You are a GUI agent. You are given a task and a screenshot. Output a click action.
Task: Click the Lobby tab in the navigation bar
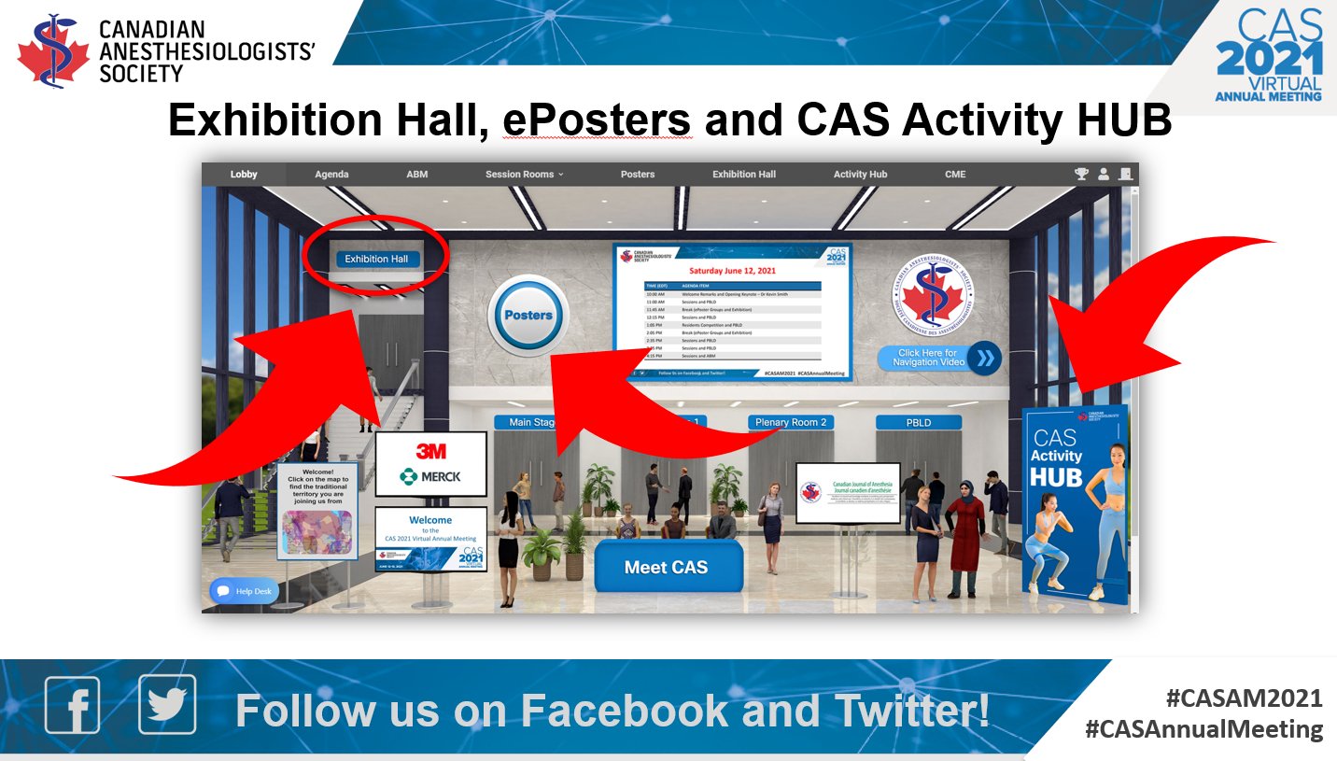click(x=244, y=175)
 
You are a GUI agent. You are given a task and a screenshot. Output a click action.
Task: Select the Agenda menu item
click(x=331, y=175)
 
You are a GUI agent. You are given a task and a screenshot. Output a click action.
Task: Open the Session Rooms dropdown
click(x=525, y=175)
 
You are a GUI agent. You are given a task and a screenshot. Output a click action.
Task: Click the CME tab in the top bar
click(x=955, y=175)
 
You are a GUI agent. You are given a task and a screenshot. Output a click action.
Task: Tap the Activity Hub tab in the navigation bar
click(x=860, y=175)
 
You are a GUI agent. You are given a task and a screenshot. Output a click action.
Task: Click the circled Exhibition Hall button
click(x=377, y=259)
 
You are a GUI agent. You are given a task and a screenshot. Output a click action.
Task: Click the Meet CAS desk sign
click(x=667, y=567)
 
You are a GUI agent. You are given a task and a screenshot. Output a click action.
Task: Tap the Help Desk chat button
click(x=245, y=591)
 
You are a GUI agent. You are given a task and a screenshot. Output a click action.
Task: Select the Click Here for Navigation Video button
click(x=937, y=358)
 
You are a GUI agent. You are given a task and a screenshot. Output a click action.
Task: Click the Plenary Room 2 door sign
click(x=791, y=422)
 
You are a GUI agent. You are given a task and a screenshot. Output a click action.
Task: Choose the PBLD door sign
click(x=919, y=422)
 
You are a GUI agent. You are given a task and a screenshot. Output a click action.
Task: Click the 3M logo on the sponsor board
click(x=430, y=451)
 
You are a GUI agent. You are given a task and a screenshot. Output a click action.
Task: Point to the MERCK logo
click(x=430, y=477)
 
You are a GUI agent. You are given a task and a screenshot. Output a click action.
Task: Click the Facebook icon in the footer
click(x=73, y=705)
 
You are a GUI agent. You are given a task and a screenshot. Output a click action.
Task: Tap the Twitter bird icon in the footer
click(x=167, y=705)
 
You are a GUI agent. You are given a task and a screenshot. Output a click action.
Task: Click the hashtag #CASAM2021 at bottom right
click(x=1244, y=698)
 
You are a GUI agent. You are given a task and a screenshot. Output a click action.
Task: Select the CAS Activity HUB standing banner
click(x=1074, y=504)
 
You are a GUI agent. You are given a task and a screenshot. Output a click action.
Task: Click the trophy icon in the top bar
click(x=1081, y=175)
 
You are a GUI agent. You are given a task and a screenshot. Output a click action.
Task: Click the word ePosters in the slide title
click(x=598, y=120)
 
